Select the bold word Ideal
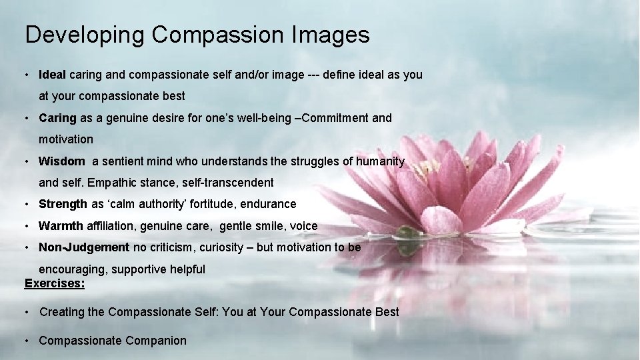(x=52, y=75)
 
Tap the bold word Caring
(x=57, y=118)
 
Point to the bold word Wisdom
(x=61, y=161)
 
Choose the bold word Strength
(x=63, y=204)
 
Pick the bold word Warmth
(x=61, y=226)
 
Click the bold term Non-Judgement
(x=84, y=247)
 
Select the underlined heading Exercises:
(x=55, y=283)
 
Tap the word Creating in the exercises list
(x=62, y=312)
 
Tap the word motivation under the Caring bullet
(x=66, y=139)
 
